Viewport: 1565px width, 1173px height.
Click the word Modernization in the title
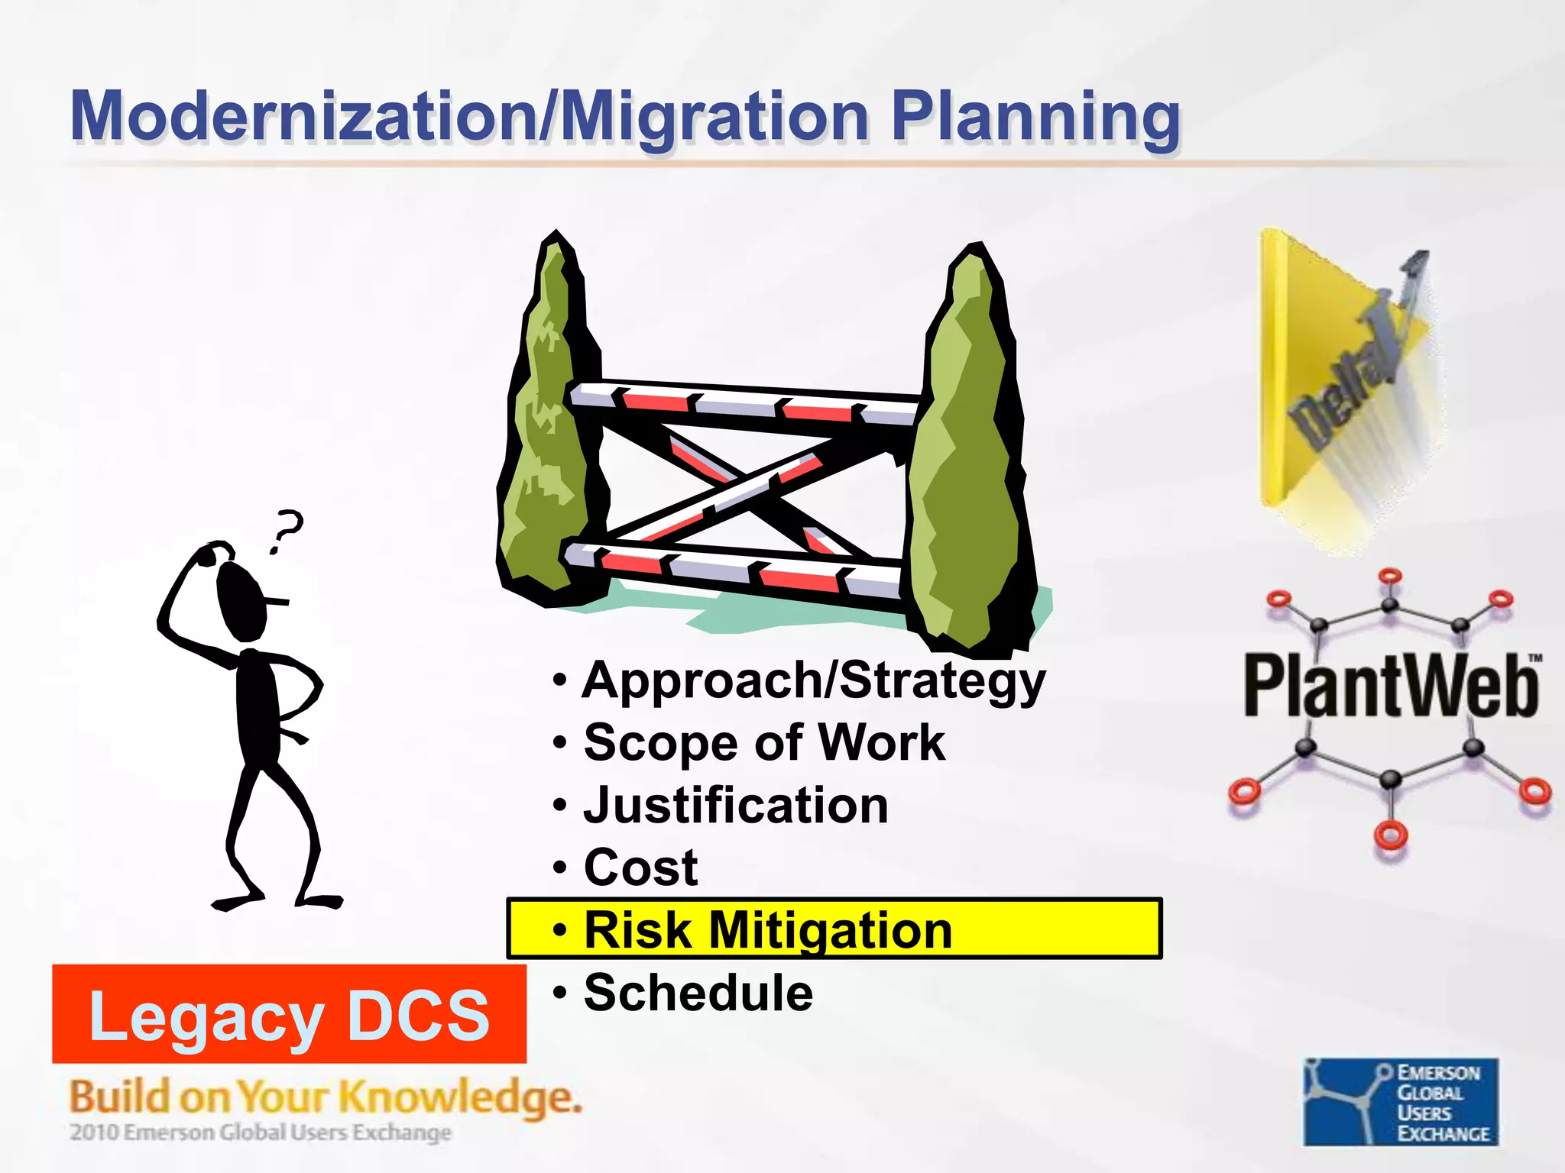[x=302, y=116]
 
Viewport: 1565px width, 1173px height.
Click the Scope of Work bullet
[x=764, y=742]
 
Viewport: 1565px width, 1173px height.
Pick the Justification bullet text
[x=736, y=805]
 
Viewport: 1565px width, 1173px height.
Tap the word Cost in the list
[x=640, y=868]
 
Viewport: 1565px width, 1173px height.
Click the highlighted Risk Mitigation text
[x=768, y=930]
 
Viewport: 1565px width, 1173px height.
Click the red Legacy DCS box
[x=289, y=1014]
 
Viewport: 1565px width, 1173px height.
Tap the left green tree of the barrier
[x=544, y=428]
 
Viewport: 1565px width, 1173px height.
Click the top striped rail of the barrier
[x=745, y=402]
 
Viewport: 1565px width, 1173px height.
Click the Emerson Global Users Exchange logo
[x=1401, y=1101]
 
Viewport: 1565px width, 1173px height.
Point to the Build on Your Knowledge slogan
[x=326, y=1097]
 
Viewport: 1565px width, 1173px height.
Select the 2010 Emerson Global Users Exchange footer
[x=261, y=1133]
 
